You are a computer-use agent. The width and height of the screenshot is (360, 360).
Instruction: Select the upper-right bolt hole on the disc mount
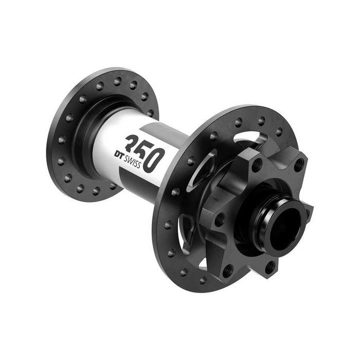coord(298,166)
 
